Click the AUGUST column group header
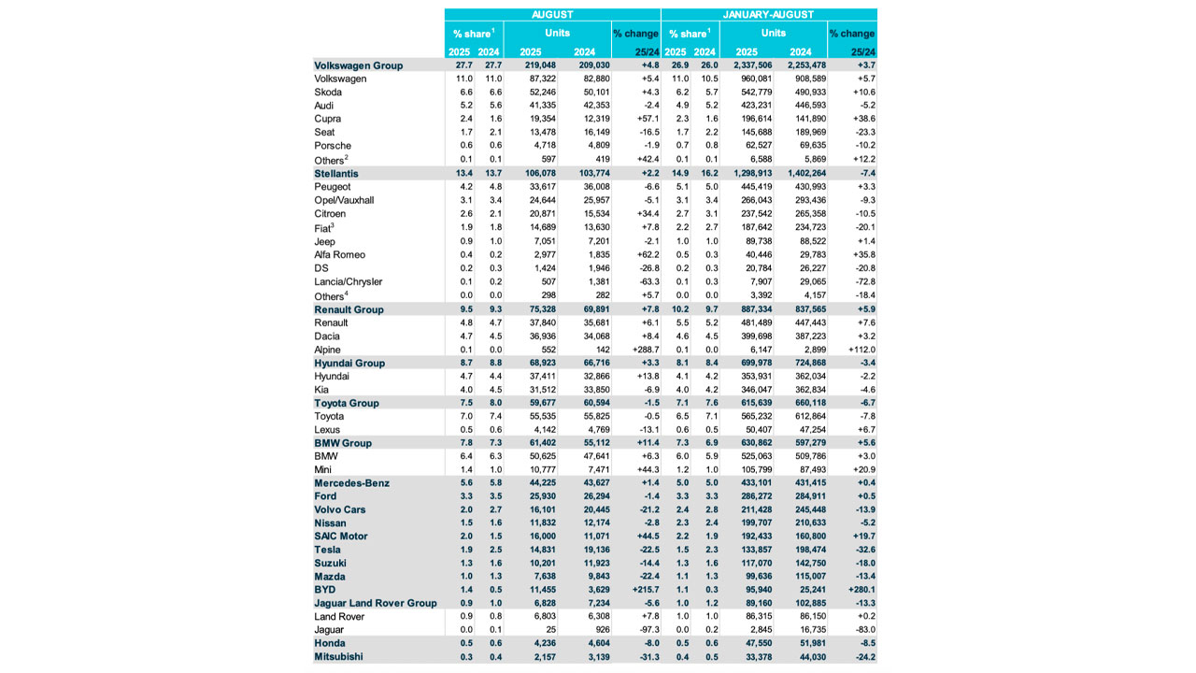click(x=552, y=15)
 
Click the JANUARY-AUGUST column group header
click(x=768, y=15)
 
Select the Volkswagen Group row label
click(x=359, y=65)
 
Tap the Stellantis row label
click(x=337, y=174)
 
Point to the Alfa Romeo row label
click(x=340, y=255)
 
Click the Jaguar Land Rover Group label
click(x=376, y=603)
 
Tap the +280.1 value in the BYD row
click(x=858, y=590)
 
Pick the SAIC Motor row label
click(x=341, y=537)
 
